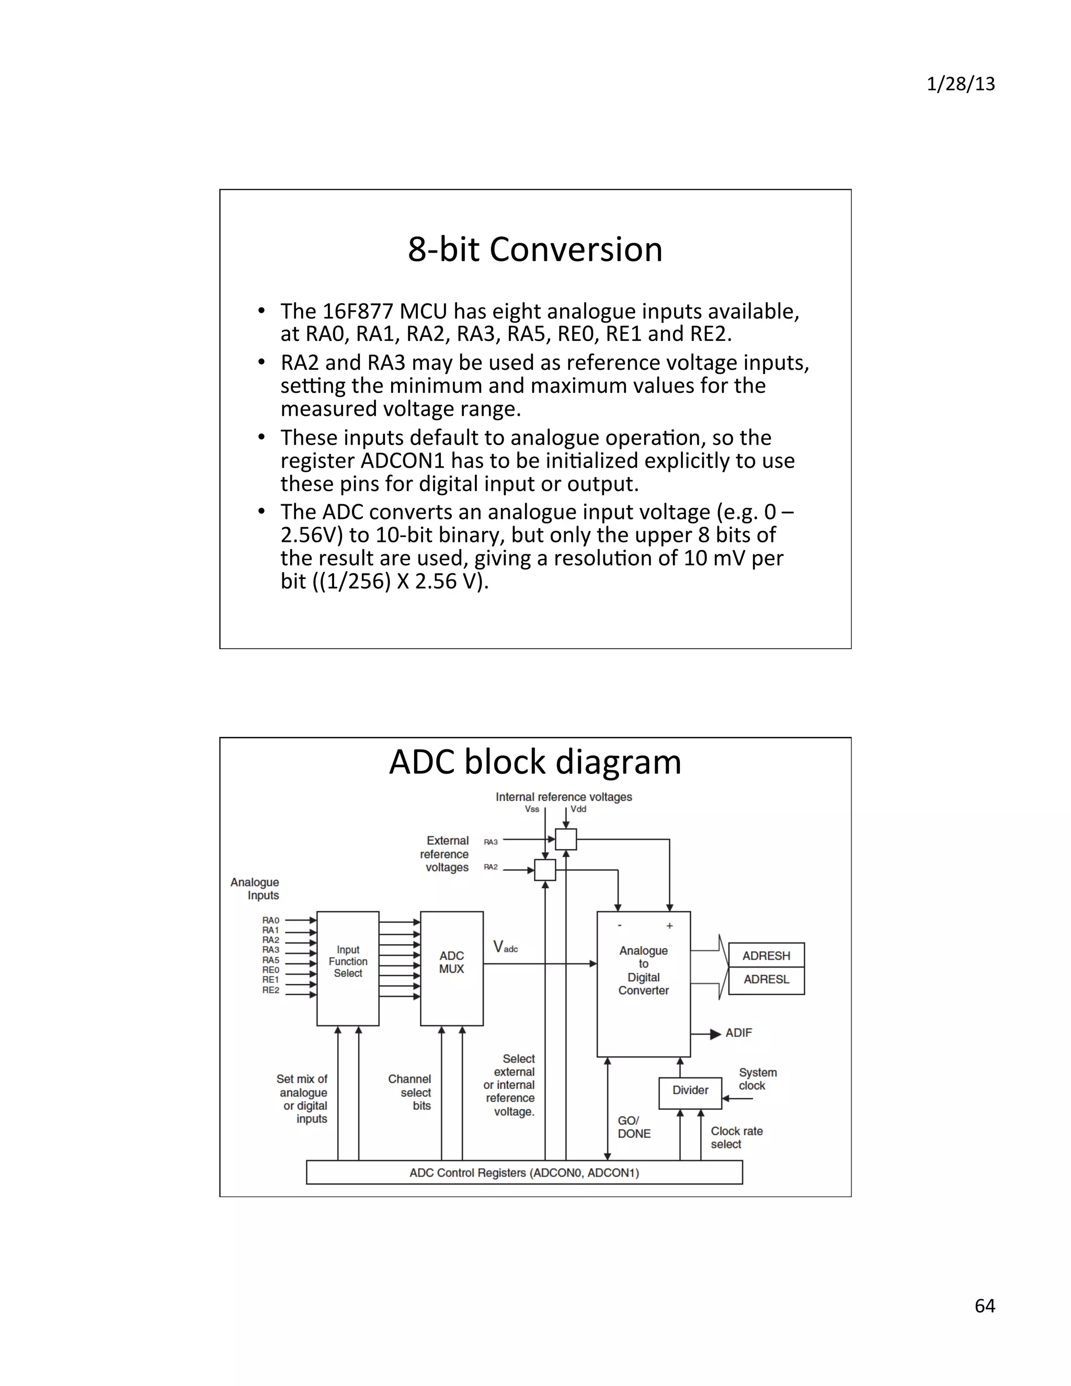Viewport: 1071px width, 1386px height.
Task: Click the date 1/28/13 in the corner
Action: click(x=960, y=84)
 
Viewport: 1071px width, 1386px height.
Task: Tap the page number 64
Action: click(x=984, y=1305)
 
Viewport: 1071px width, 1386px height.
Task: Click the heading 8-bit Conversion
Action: click(x=535, y=249)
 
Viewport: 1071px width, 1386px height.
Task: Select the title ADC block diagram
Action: click(x=535, y=762)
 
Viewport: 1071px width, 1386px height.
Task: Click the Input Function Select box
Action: click(x=348, y=969)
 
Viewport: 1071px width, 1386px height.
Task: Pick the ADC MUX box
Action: click(x=451, y=969)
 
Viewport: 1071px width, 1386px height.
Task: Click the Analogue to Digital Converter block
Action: click(x=643, y=984)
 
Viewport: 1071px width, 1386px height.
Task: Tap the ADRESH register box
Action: click(x=766, y=955)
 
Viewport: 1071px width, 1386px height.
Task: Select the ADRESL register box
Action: click(x=766, y=979)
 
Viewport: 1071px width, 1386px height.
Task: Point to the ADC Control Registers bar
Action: click(x=524, y=1173)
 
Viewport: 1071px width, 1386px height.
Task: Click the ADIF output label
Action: click(x=738, y=1033)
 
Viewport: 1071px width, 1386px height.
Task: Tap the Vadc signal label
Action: click(x=505, y=948)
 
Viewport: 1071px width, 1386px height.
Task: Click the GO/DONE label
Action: click(x=633, y=1127)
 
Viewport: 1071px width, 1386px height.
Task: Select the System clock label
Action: click(x=757, y=1079)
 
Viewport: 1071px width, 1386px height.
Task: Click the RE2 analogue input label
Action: click(x=271, y=990)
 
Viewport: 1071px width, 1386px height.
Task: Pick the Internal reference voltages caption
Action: click(x=563, y=797)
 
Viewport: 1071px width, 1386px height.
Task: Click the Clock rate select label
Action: click(x=736, y=1137)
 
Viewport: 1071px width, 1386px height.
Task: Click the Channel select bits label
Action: click(x=411, y=1092)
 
